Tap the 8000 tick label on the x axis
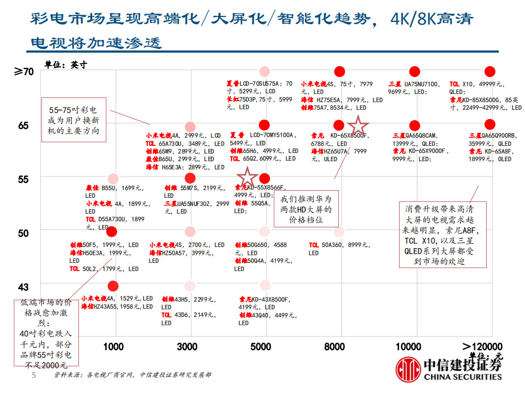tap(334, 347)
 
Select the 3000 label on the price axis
tap(187, 347)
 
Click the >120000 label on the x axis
tap(482, 347)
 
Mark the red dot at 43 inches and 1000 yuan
tap(113, 286)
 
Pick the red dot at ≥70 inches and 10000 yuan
tap(415, 71)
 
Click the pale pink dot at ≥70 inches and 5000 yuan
tap(265, 71)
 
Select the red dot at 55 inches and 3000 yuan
tap(190, 178)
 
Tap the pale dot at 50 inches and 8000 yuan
tap(339, 232)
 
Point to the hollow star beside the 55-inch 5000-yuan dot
tap(247, 177)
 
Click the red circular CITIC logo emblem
tap(407, 369)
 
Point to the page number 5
tap(34, 376)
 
